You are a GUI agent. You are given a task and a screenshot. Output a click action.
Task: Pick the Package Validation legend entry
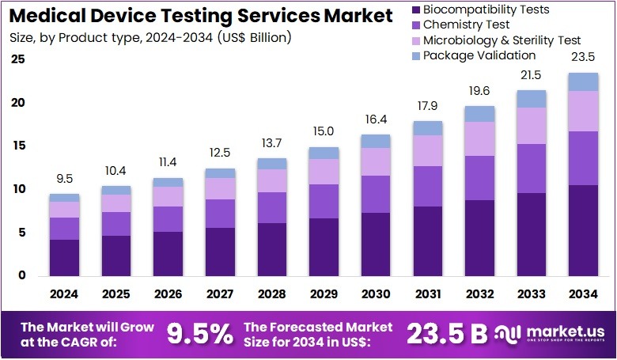[x=479, y=55]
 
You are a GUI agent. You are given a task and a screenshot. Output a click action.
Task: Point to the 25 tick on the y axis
[x=18, y=59]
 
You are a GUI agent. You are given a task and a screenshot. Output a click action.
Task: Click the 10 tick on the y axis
[x=18, y=189]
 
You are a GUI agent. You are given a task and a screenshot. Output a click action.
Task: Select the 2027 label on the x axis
[x=220, y=294]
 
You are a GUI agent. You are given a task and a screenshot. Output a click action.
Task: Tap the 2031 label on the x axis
[x=428, y=294]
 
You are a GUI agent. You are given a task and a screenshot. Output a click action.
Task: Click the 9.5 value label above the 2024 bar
[x=64, y=179]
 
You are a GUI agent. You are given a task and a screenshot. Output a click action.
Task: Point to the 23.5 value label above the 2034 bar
[x=584, y=57]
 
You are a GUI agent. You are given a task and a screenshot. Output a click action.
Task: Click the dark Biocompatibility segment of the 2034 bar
[x=584, y=229]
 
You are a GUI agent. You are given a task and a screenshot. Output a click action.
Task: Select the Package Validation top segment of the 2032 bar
[x=479, y=113]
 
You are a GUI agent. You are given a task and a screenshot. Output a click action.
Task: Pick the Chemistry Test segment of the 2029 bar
[x=324, y=201]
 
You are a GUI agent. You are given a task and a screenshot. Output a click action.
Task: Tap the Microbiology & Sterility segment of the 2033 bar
[x=532, y=125]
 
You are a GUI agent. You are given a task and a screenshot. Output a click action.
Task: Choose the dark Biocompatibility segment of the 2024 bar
[x=64, y=257]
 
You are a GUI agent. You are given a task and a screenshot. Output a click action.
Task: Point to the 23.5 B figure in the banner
[x=447, y=334]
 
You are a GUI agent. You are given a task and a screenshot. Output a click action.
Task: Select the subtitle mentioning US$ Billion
[x=150, y=37]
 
